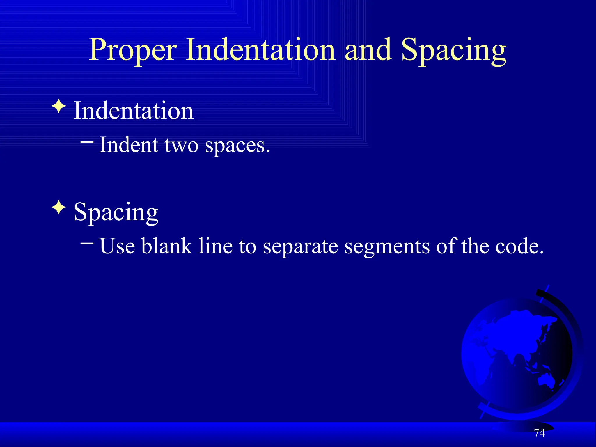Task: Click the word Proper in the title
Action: tap(133, 50)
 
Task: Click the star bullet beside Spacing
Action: tap(59, 207)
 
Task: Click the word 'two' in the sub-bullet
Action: tap(181, 145)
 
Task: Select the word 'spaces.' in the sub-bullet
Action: tap(237, 146)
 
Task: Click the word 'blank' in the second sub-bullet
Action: tap(166, 246)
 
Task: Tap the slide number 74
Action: tap(539, 433)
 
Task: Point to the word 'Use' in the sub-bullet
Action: tap(117, 246)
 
